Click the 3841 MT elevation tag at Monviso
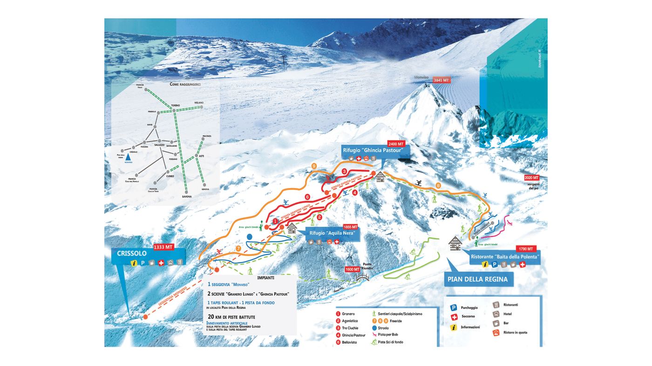pyautogui.click(x=441, y=80)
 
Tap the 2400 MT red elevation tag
pyautogui.click(x=396, y=143)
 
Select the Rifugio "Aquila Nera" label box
pyautogui.click(x=332, y=233)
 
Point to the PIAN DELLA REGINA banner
pyautogui.click(x=478, y=279)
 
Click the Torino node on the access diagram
pyautogui.click(x=174, y=110)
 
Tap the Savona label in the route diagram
pyautogui.click(x=186, y=197)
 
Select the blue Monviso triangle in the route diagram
pyautogui.click(x=128, y=157)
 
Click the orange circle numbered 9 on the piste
pyautogui.click(x=314, y=166)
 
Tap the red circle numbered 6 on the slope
pyautogui.click(x=307, y=197)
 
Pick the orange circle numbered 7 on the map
pyautogui.click(x=238, y=249)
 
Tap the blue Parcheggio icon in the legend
pyautogui.click(x=453, y=308)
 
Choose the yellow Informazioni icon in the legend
pyautogui.click(x=453, y=327)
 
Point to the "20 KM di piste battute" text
pyautogui.click(x=231, y=317)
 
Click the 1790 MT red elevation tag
pyautogui.click(x=526, y=249)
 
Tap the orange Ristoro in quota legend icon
pyautogui.click(x=496, y=332)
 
